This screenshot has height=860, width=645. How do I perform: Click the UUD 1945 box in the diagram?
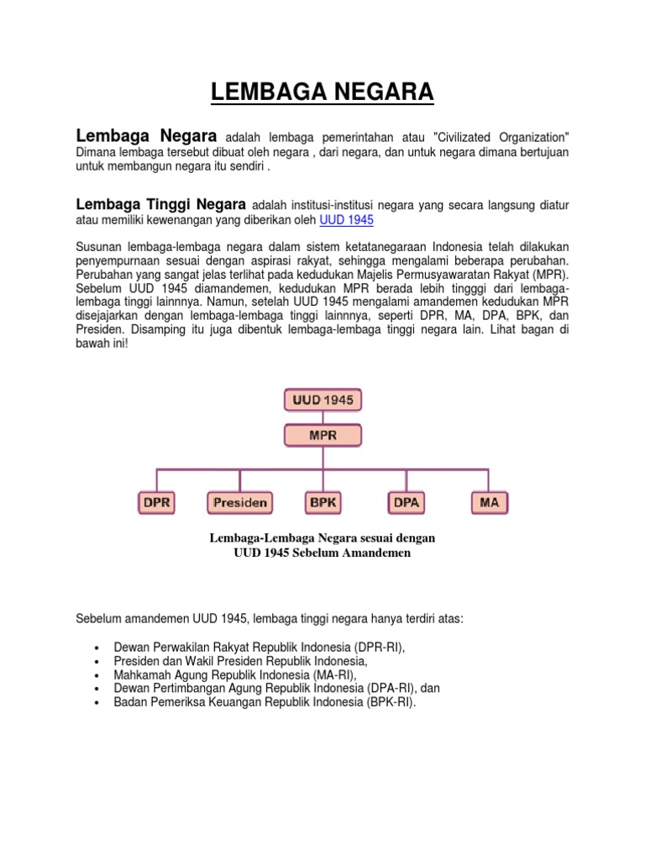[x=322, y=399]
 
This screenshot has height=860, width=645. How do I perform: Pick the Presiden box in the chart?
[x=239, y=503]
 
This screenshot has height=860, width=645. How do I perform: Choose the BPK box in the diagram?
[x=322, y=503]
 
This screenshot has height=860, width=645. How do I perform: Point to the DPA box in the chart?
[x=406, y=503]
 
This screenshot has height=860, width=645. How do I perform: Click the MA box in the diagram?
[x=489, y=503]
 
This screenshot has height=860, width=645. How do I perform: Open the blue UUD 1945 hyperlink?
[x=347, y=220]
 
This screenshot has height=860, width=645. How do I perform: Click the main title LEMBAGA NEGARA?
[x=322, y=91]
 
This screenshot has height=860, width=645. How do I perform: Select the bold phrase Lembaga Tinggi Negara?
[x=160, y=204]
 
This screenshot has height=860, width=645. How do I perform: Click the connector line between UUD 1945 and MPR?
[x=322, y=417]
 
